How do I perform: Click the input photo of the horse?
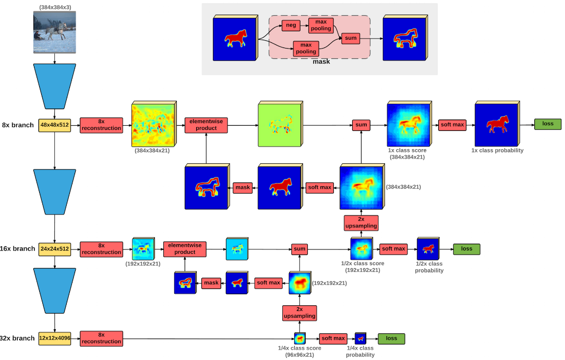point(55,32)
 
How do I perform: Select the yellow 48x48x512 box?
point(54,125)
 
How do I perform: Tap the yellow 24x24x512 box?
point(54,249)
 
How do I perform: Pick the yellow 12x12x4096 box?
point(54,338)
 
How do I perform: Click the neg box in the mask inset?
point(290,25)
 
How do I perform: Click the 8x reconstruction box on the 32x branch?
point(101,338)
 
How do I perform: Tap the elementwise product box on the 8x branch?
point(206,125)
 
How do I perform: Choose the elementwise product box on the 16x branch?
point(185,249)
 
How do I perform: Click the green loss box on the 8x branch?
point(547,124)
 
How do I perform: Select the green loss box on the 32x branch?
point(391,339)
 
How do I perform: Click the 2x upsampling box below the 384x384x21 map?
point(361,223)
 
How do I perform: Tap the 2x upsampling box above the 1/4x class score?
point(299,313)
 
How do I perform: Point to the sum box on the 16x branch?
point(299,249)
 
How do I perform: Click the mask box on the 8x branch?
point(243,187)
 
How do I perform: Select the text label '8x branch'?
point(18,125)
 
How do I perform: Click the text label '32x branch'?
point(18,338)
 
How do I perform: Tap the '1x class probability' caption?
point(497,150)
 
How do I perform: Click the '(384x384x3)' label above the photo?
point(55,7)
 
